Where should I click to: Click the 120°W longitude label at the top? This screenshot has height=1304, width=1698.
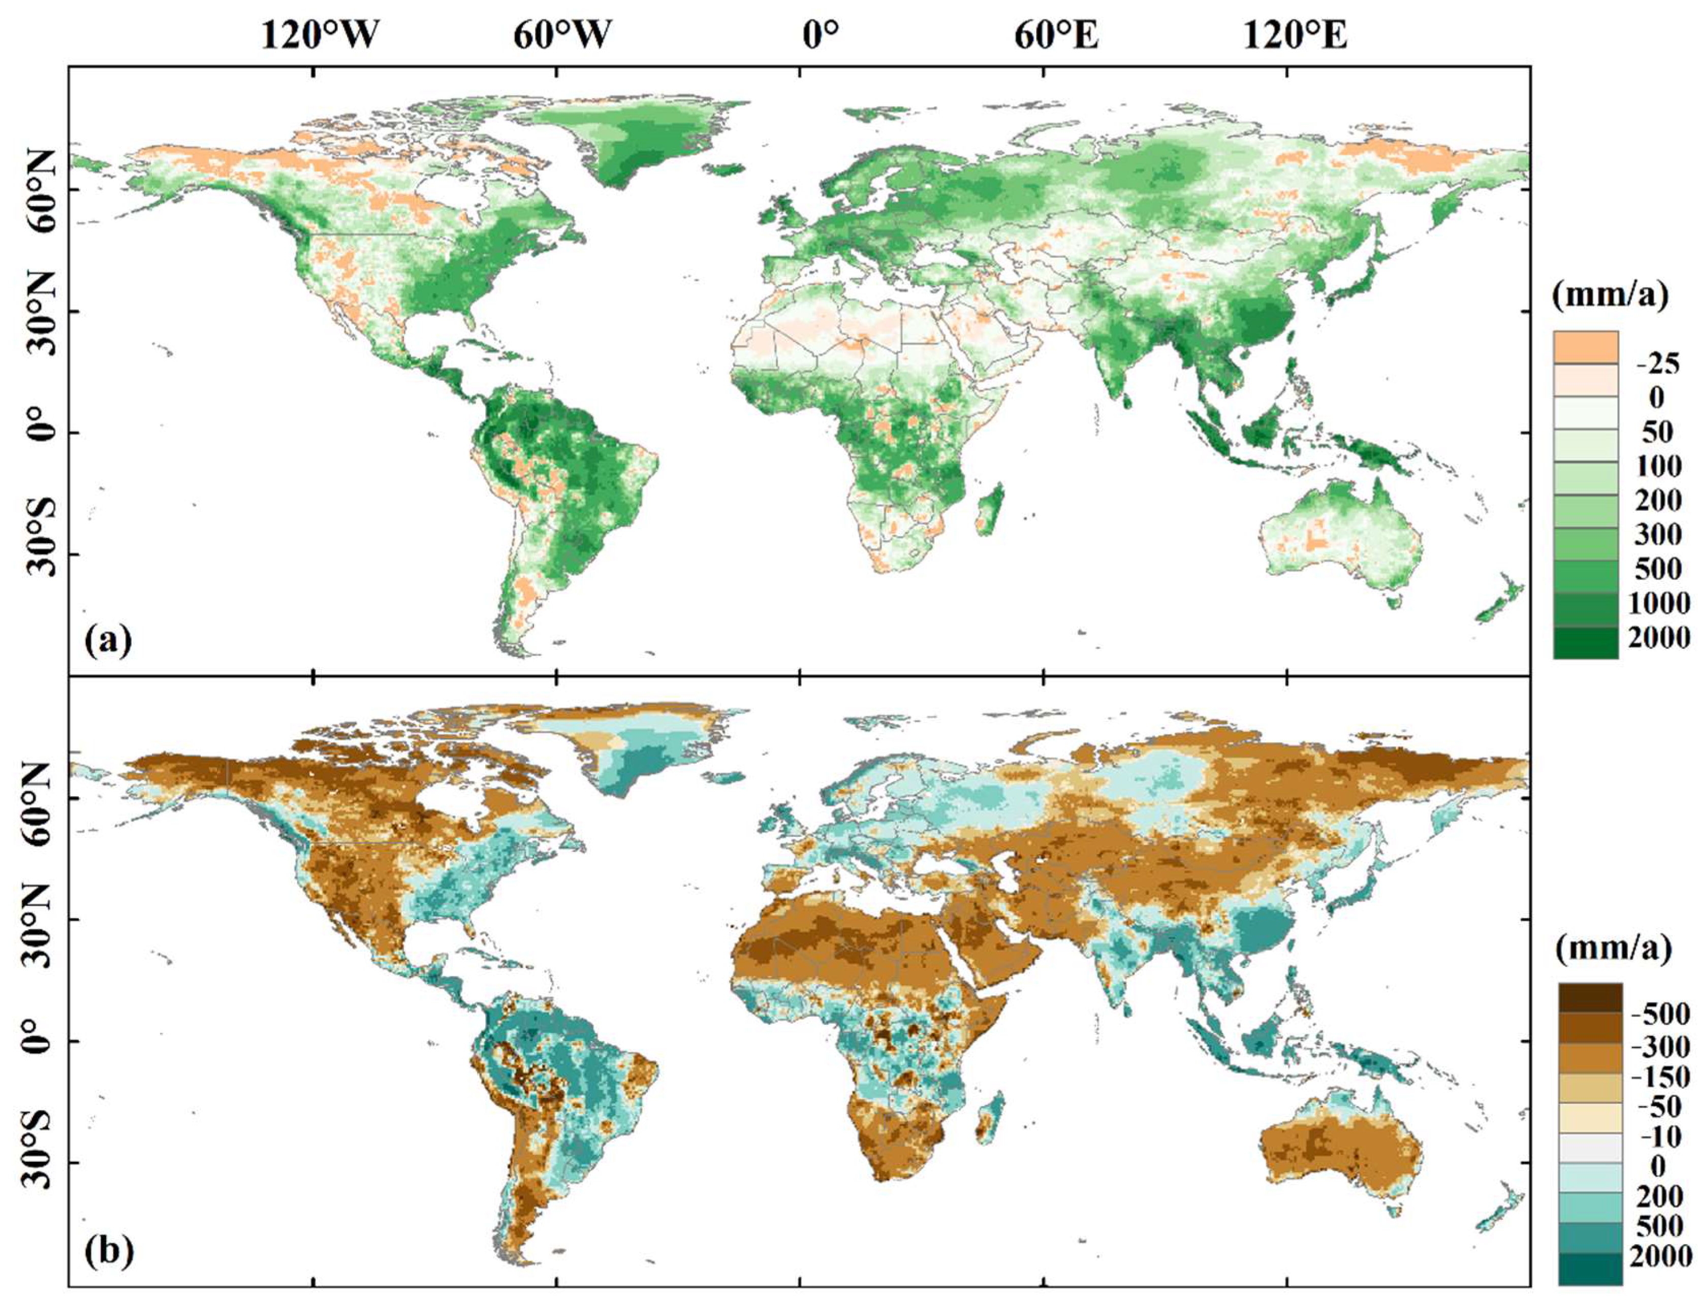tap(319, 36)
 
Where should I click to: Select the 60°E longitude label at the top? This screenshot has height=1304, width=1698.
tap(1056, 36)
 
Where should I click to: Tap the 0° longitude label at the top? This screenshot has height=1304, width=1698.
tap(820, 36)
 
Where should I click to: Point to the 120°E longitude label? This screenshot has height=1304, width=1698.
tap(1294, 36)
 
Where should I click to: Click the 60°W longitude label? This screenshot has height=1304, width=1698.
tap(561, 36)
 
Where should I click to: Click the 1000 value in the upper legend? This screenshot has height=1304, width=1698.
tap(1658, 602)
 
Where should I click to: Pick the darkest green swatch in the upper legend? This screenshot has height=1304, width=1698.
tap(1585, 641)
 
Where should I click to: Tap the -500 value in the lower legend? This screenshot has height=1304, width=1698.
tap(1660, 1013)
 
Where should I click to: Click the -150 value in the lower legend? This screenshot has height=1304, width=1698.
tap(1660, 1076)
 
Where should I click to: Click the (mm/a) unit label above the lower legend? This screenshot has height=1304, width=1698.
tap(1612, 949)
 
